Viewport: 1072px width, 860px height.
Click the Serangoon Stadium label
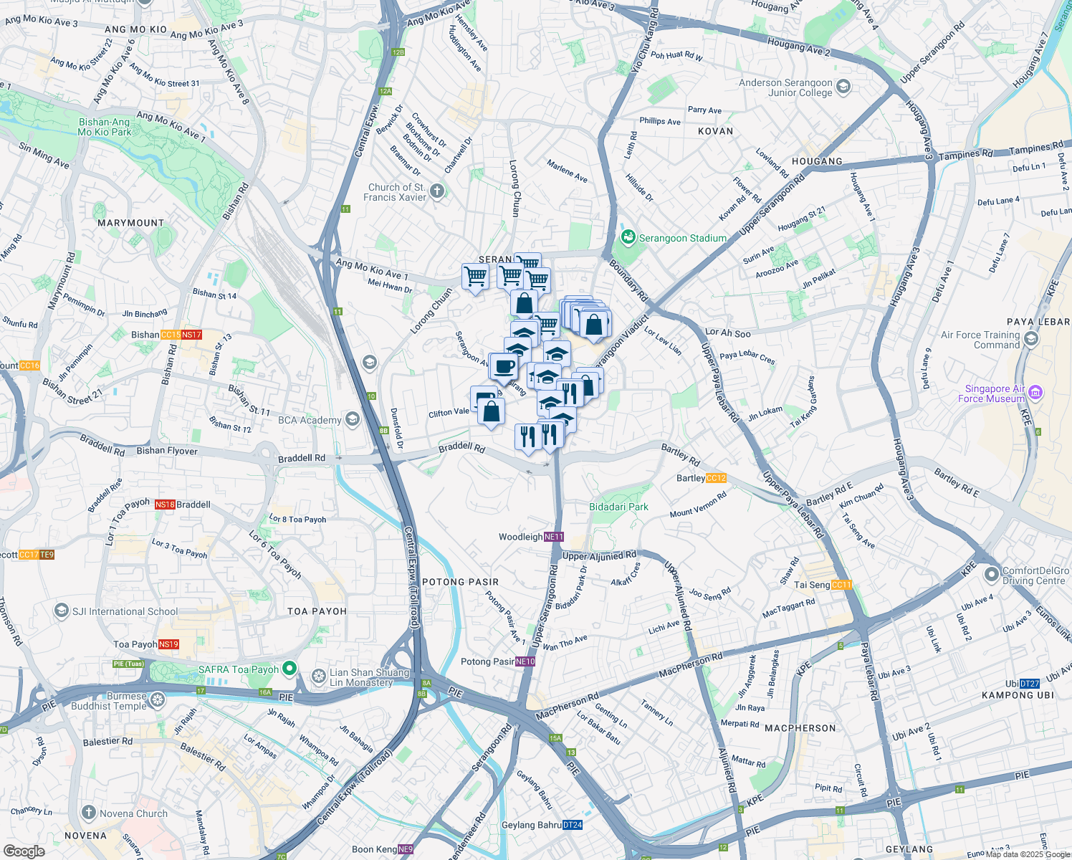[682, 238]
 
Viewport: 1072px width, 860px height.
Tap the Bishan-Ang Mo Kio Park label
[105, 127]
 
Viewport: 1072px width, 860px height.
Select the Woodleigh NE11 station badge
[554, 537]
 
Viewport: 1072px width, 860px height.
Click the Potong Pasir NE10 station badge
[525, 661]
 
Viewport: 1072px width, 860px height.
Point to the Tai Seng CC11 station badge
[842, 585]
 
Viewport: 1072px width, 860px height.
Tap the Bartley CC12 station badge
[716, 478]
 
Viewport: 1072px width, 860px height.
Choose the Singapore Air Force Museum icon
[1035, 392]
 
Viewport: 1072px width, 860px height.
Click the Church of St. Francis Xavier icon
[437, 191]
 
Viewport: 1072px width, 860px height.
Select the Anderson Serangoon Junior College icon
[843, 87]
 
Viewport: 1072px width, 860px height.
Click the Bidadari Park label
[618, 507]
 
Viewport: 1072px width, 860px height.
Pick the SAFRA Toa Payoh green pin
[289, 669]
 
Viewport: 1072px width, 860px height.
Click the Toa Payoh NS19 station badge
[168, 644]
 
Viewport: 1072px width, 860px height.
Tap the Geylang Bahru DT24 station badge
[573, 825]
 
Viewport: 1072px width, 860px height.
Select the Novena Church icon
[89, 813]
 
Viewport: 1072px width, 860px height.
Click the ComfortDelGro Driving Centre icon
[992, 575]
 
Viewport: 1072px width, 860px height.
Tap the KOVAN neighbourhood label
[715, 131]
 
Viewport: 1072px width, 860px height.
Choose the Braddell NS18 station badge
[165, 505]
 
